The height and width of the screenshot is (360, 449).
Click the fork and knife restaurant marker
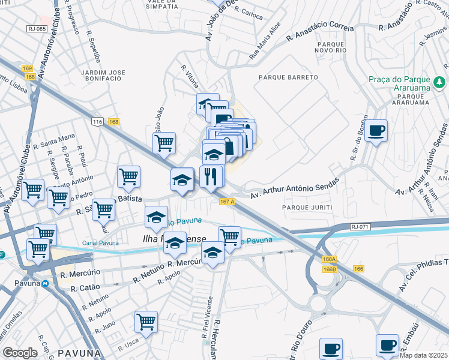pyautogui.click(x=211, y=177)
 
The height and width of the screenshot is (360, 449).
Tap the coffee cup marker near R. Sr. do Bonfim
pyautogui.click(x=376, y=131)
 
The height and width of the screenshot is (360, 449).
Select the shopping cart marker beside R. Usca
pyautogui.click(x=146, y=322)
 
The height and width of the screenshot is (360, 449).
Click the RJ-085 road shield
pyautogui.click(x=37, y=29)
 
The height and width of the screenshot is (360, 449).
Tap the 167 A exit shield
pyautogui.click(x=227, y=202)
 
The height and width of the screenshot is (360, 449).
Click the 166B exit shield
pyautogui.click(x=329, y=270)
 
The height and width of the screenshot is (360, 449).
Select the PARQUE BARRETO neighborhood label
pyautogui.click(x=288, y=78)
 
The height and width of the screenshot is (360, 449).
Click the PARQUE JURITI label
pyautogui.click(x=304, y=207)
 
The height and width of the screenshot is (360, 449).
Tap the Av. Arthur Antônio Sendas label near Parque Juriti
pyautogui.click(x=294, y=187)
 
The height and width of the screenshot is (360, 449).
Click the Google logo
pyautogui.click(x=20, y=353)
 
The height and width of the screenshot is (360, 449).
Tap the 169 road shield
pyautogui.click(x=27, y=68)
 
